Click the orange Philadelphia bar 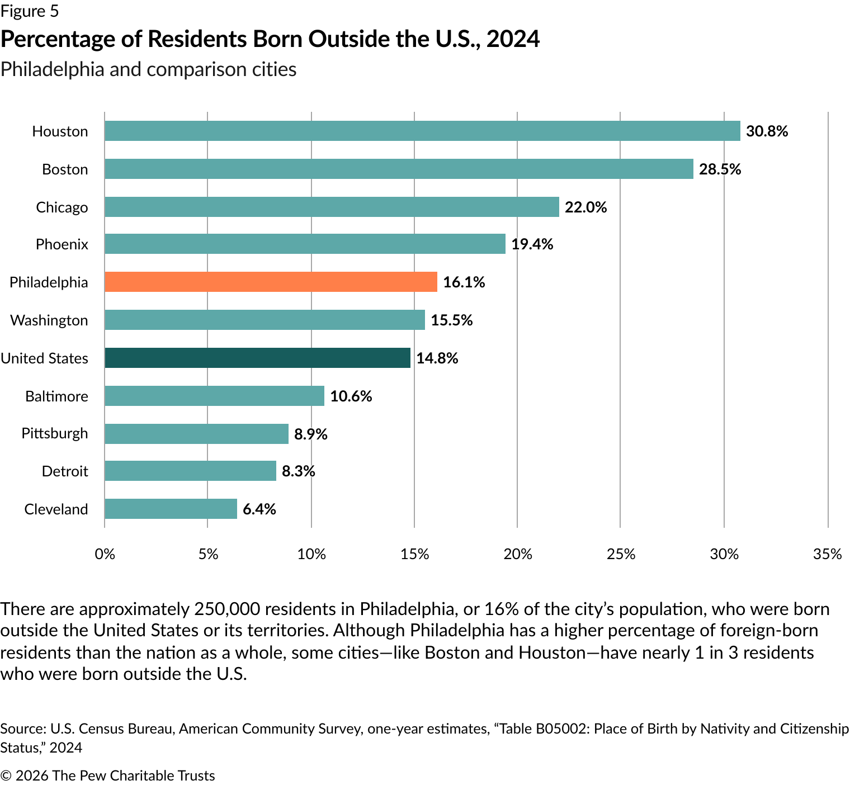point(271,282)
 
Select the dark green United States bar point(257,358)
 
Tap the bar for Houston point(422,131)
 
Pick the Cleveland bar point(171,509)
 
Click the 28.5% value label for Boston point(720,169)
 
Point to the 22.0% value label point(585,207)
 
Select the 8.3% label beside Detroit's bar point(298,471)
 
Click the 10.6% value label point(351,396)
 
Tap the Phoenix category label point(62,244)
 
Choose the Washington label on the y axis point(49,320)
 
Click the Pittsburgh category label point(55,433)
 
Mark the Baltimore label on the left point(56,396)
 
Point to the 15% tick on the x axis point(414,554)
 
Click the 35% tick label point(828,554)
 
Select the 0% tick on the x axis point(105,554)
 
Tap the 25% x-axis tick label point(621,554)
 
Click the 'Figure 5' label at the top point(29,11)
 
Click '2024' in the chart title point(513,39)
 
